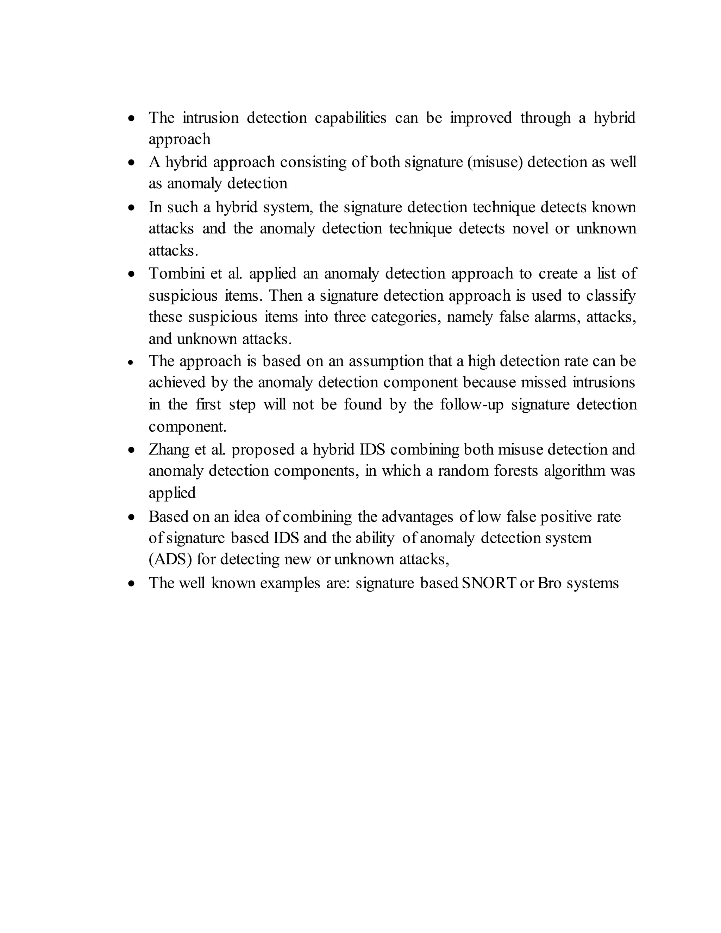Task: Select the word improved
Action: tap(481, 118)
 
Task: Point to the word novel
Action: tap(530, 228)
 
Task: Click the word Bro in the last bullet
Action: tap(549, 583)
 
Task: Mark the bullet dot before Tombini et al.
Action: tap(132, 274)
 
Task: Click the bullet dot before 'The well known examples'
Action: tap(132, 583)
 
